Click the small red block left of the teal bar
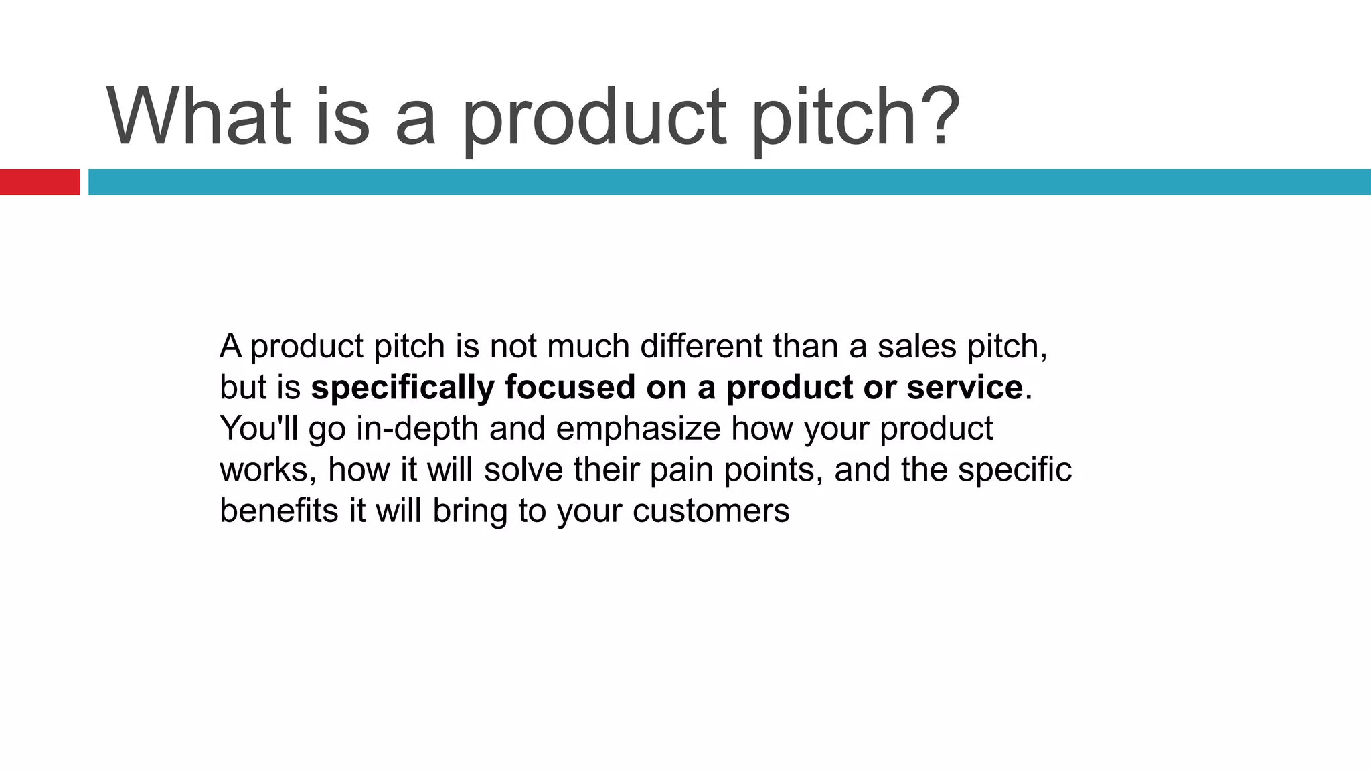[39, 182]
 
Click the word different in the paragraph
[701, 346]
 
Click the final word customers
[711, 511]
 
